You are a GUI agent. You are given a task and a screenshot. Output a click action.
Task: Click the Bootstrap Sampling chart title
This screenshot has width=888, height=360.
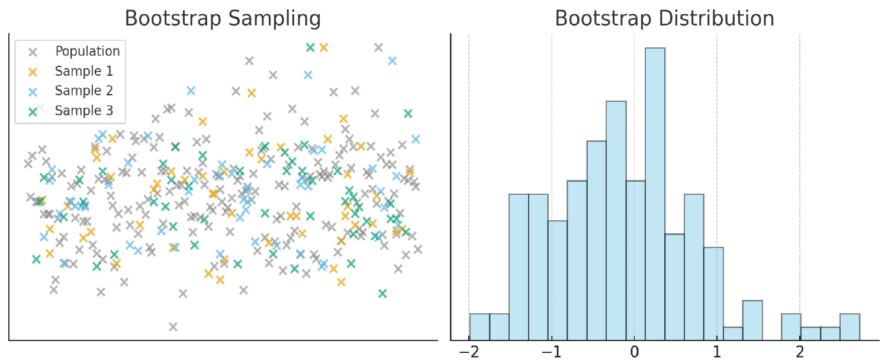click(223, 19)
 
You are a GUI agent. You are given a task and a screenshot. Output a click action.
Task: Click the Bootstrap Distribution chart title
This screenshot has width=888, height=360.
click(664, 19)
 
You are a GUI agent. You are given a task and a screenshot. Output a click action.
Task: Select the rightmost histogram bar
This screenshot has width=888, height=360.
click(850, 327)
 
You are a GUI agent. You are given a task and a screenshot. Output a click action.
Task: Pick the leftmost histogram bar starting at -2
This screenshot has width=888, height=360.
click(480, 327)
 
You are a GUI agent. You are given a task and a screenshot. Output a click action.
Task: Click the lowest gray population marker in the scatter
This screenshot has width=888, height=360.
click(173, 326)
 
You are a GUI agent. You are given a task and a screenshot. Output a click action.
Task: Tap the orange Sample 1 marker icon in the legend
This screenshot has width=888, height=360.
click(33, 72)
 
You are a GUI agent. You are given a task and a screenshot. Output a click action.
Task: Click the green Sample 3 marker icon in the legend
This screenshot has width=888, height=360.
click(33, 111)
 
